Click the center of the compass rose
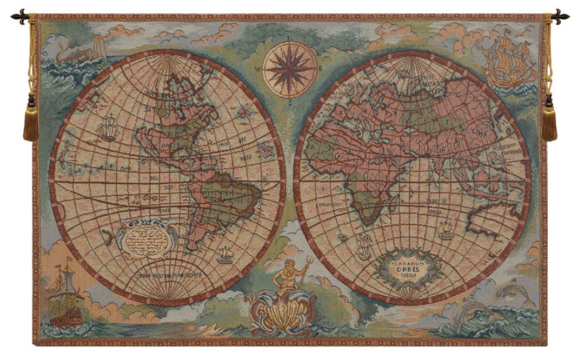(x=288, y=70)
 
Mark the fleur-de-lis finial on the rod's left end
(x=19, y=16)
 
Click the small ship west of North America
(x=108, y=127)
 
